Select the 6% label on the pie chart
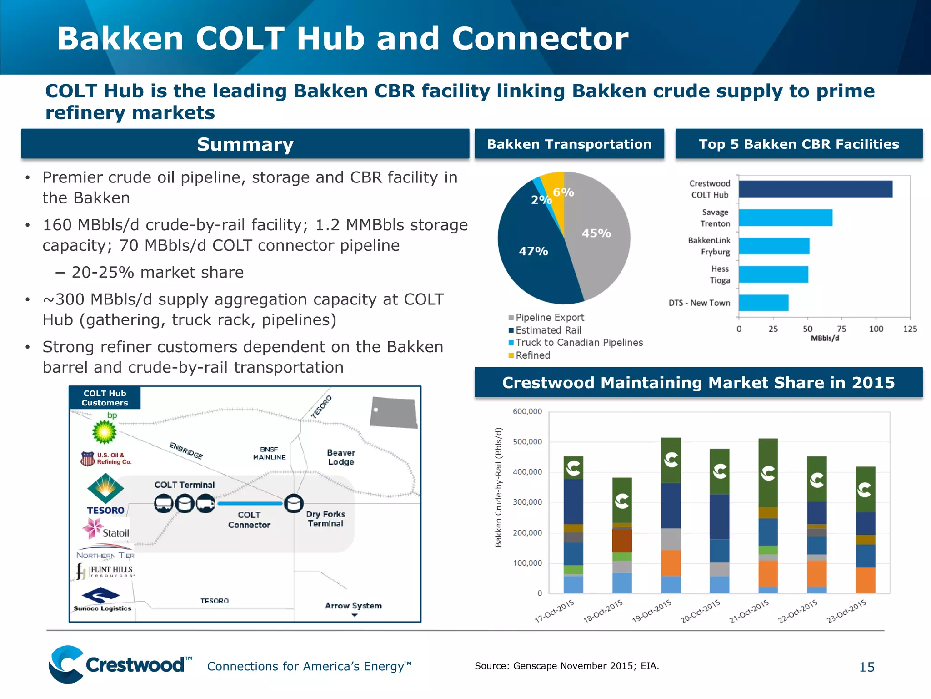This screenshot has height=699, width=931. (x=563, y=192)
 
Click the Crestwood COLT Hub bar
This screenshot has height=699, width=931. (x=815, y=189)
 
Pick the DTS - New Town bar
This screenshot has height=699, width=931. (x=763, y=303)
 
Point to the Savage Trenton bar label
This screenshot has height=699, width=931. (x=715, y=218)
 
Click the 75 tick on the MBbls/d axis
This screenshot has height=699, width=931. (x=841, y=329)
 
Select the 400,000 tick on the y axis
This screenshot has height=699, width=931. (x=527, y=472)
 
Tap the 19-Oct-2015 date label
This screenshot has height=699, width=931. (x=651, y=611)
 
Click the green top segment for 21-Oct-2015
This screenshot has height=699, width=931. (x=768, y=472)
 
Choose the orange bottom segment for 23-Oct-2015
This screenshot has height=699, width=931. (x=865, y=580)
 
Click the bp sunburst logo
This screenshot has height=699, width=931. (x=105, y=431)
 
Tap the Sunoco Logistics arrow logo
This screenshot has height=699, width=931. (x=100, y=595)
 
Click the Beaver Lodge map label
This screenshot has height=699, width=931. (x=341, y=457)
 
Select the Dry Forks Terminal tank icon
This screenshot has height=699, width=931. (x=294, y=503)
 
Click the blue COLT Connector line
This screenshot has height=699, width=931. (x=250, y=503)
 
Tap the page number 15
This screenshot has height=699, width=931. (x=866, y=667)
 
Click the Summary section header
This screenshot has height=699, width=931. (x=245, y=144)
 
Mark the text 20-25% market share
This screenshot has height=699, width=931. (x=157, y=272)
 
